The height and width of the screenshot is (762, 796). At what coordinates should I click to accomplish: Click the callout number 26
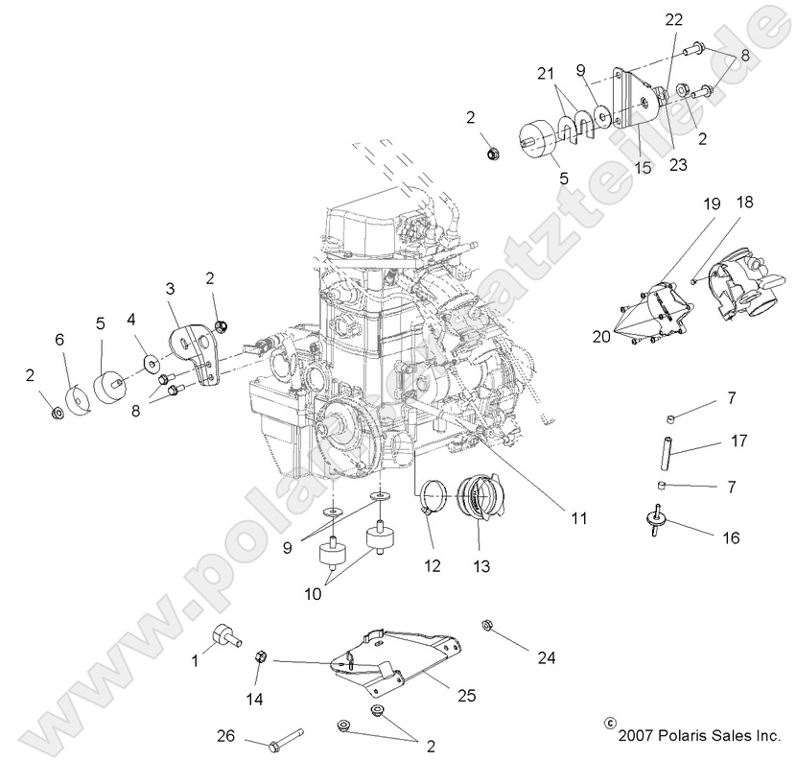coord(224,736)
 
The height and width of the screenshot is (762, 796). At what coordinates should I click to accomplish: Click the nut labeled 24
coord(487,626)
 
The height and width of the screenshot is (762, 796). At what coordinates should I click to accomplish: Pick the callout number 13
coord(480,566)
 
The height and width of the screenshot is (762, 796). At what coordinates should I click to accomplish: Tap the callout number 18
coord(745,202)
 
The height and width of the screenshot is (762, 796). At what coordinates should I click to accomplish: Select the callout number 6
coord(59,340)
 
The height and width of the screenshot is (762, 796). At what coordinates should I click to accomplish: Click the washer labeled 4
coord(151,364)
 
